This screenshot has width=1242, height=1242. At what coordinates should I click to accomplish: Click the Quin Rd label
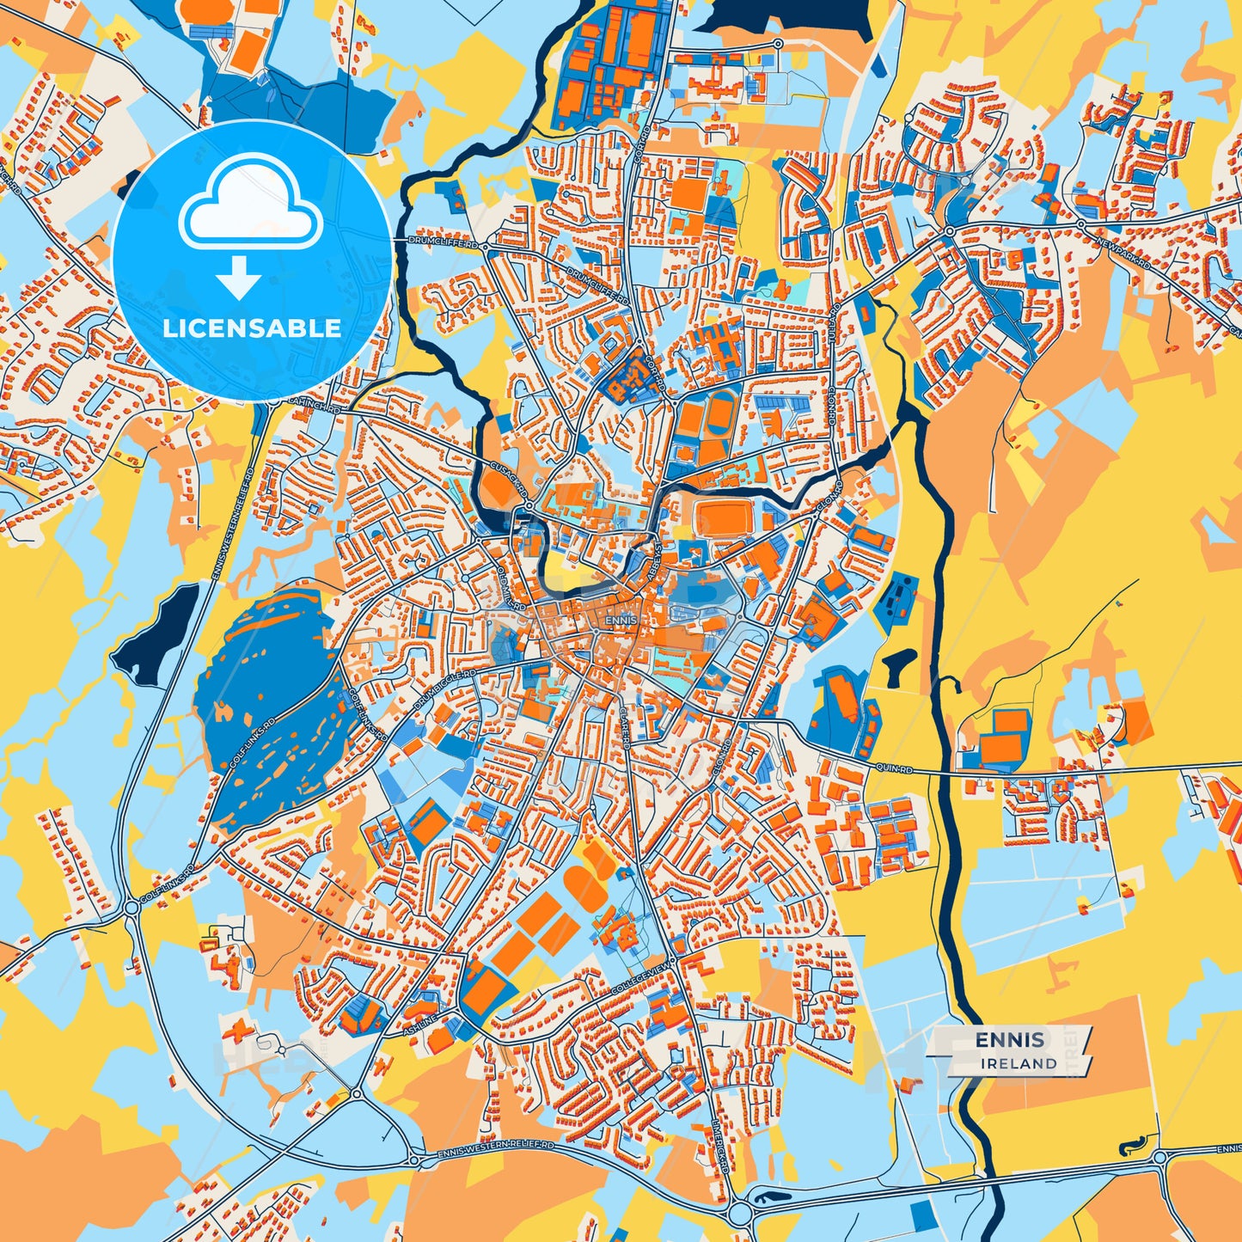[894, 767]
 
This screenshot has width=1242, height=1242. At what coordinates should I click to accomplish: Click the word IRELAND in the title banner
[1019, 1063]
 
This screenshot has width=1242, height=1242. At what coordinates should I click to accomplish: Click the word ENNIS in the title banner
[1010, 1040]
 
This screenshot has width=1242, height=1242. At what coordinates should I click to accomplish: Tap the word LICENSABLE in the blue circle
[252, 328]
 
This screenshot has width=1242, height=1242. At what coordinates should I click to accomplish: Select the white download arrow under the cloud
[238, 277]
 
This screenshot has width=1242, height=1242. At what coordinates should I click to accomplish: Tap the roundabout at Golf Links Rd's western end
[132, 907]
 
